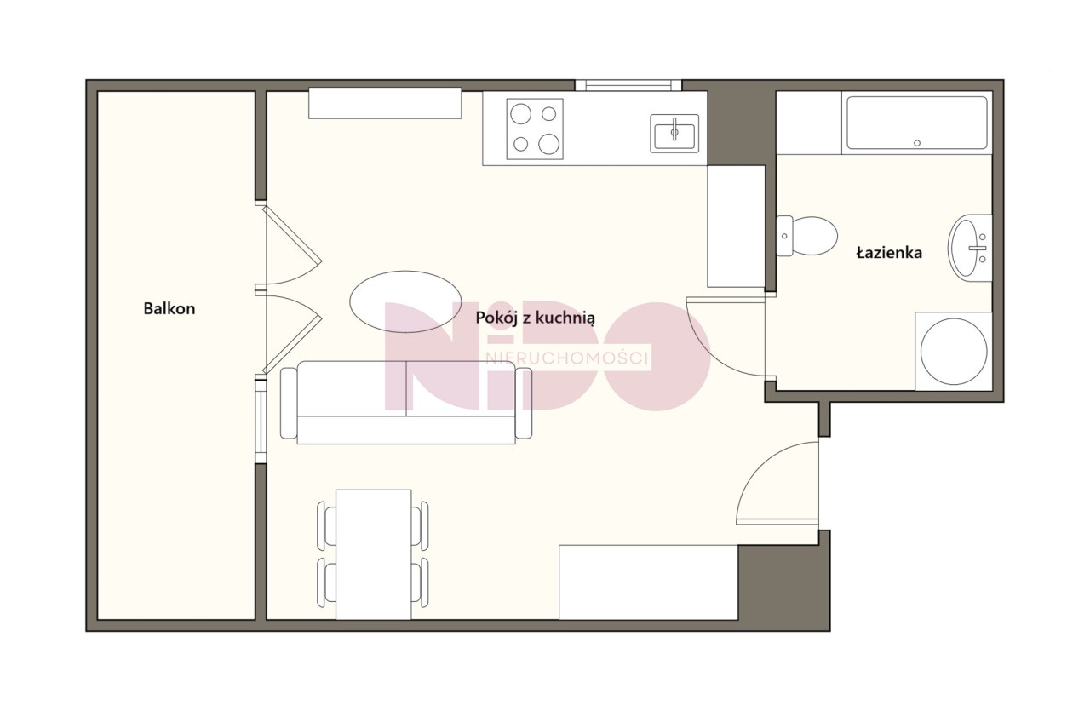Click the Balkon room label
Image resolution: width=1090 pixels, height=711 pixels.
(x=169, y=308)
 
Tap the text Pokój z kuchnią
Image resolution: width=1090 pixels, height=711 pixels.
(x=535, y=318)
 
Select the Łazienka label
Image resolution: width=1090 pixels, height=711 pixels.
(x=889, y=253)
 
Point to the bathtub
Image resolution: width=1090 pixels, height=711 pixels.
(x=917, y=123)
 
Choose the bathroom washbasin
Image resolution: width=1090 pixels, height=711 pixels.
(x=969, y=248)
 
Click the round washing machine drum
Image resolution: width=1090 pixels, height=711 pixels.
(x=954, y=351)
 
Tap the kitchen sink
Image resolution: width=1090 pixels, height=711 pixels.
(x=674, y=134)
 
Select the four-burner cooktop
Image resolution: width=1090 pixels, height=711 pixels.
(x=535, y=129)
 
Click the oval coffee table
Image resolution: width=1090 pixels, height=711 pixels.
(x=405, y=301)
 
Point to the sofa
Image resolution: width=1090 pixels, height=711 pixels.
(x=406, y=403)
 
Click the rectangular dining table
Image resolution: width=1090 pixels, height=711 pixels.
(x=374, y=554)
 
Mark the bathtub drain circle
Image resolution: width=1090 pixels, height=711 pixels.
(x=917, y=143)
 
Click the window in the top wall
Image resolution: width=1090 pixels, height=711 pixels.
(x=628, y=86)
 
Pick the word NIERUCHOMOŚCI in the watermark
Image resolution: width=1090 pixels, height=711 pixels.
(x=567, y=358)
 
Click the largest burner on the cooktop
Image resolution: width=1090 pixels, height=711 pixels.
(x=548, y=144)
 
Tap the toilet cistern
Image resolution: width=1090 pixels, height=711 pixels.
(x=783, y=236)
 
